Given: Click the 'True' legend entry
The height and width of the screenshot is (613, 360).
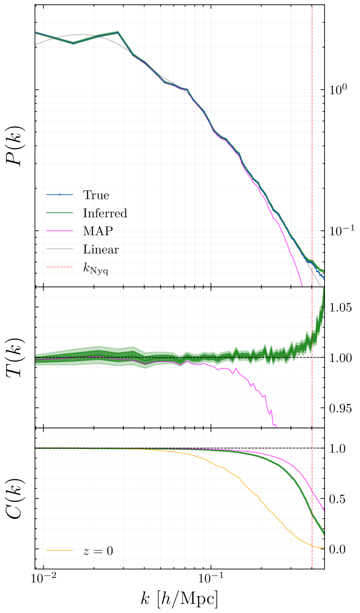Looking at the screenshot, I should point(96,195).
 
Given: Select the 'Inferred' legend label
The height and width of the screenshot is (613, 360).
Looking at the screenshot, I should point(105,213).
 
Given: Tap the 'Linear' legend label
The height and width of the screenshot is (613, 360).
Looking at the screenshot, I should point(101,249).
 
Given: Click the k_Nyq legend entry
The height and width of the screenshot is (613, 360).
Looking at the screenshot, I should point(96,268).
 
